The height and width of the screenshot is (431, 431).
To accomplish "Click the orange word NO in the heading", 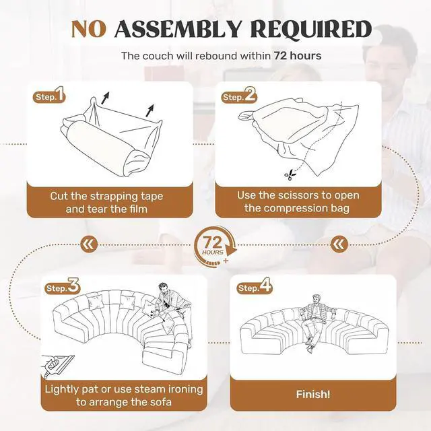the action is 88,29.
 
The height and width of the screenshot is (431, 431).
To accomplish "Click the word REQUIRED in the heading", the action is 311,29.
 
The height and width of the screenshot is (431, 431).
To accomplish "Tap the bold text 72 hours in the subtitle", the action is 298,56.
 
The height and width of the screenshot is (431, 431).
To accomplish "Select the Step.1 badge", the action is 49,96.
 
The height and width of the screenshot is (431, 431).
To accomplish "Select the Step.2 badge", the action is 239,96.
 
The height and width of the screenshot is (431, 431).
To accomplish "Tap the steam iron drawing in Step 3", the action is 58,365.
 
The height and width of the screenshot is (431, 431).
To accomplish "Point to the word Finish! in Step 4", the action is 312,395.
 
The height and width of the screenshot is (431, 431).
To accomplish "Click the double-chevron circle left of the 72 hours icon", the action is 89,244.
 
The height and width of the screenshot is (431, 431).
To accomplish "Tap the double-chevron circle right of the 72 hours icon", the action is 339,244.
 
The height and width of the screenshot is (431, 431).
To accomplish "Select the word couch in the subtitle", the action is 158,56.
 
